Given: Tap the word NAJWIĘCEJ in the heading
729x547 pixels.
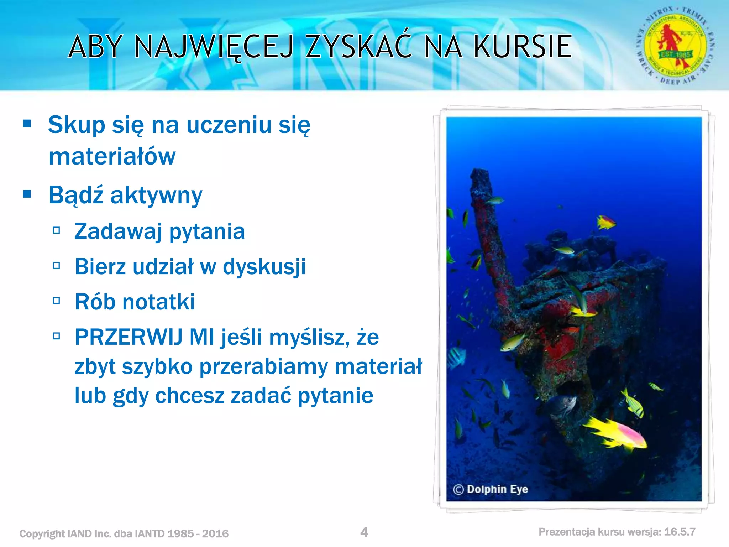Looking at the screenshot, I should click(214, 47).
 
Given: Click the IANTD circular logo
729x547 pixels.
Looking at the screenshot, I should click(675, 46).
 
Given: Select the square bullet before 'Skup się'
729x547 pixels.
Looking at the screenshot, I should click(27, 124).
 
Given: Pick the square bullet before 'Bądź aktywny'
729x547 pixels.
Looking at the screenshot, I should click(27, 194).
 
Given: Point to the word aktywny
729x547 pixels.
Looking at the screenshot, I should click(156, 196).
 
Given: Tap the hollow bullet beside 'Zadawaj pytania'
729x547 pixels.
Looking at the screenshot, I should click(56, 230).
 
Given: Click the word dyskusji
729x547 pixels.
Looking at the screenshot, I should click(264, 266).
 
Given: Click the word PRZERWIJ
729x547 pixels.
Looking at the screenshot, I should click(129, 337).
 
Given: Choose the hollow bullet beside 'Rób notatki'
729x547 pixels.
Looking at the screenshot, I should click(56, 301).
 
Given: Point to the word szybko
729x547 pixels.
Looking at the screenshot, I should click(157, 366).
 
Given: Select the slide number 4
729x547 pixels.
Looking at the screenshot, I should click(364, 532).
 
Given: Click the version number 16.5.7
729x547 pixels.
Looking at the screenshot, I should click(680, 532).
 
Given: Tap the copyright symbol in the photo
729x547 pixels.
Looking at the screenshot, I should click(458, 490).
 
